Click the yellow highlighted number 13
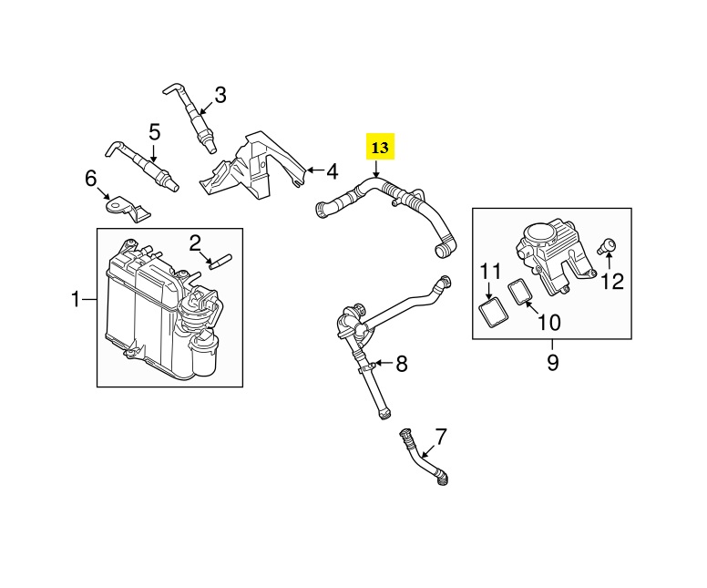(x=380, y=147)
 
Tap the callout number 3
(x=220, y=95)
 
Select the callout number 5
(x=155, y=133)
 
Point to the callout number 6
(x=90, y=179)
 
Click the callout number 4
(x=332, y=171)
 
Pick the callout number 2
(x=195, y=243)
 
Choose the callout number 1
(x=76, y=299)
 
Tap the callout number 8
(x=402, y=364)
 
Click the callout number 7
(x=440, y=437)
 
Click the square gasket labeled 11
(x=492, y=313)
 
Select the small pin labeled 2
(x=220, y=262)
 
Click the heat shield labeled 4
(x=252, y=167)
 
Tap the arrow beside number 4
(x=315, y=170)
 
